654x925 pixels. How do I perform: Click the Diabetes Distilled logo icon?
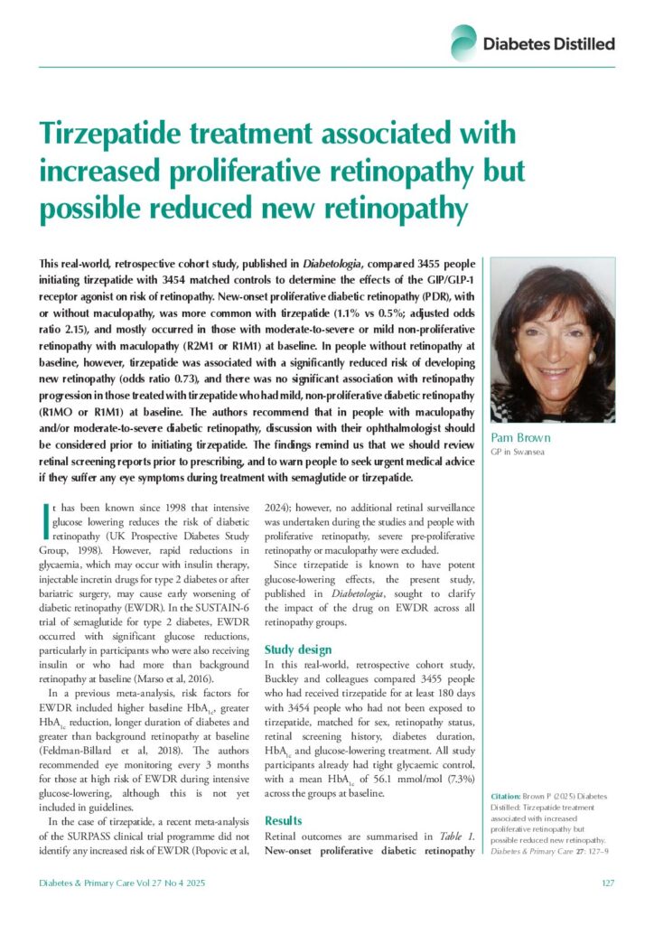click(463, 42)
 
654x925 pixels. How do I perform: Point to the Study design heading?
click(298, 649)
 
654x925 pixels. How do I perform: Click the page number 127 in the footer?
click(608, 883)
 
